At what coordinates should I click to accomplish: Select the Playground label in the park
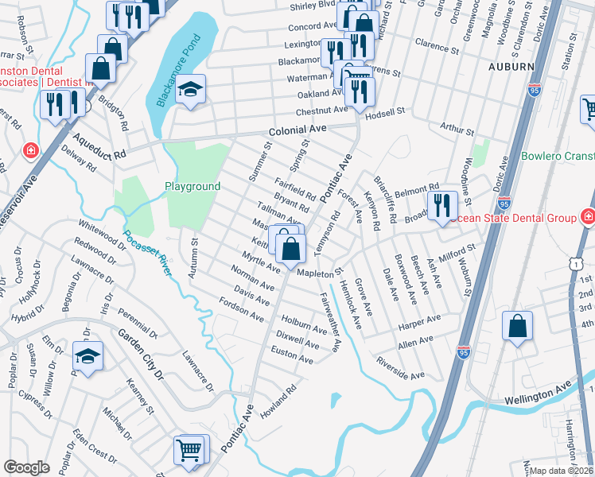192,186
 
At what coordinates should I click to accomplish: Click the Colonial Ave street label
297,128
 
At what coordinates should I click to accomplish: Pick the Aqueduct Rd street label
98,144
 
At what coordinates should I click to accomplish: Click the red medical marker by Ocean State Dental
587,216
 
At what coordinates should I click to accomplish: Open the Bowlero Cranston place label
557,156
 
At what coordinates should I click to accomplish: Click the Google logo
25,467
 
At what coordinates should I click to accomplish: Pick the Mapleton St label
318,273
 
